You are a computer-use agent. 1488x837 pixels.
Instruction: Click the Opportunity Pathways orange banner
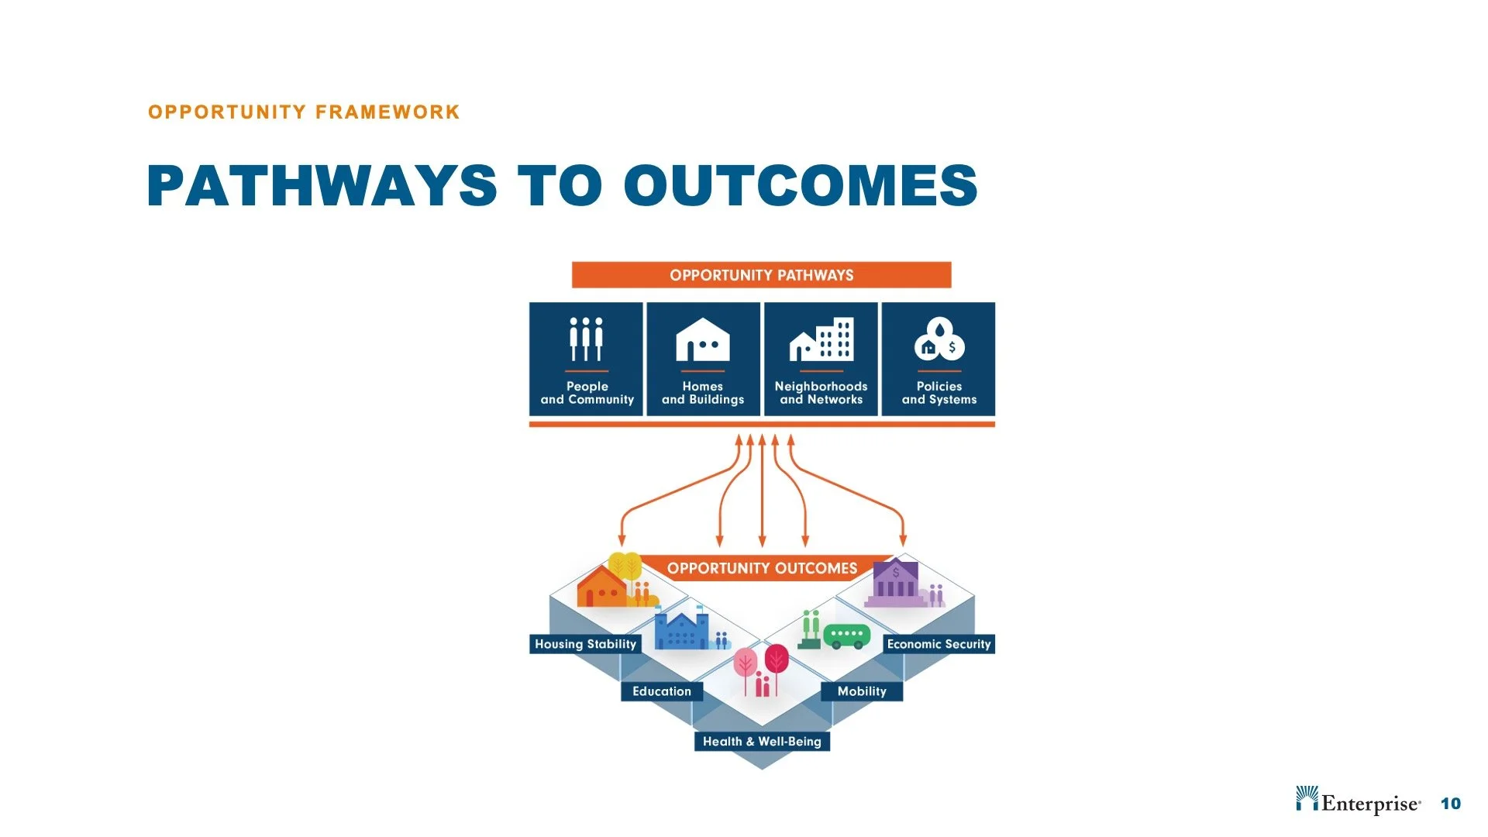[761, 275]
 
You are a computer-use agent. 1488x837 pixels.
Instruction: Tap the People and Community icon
[587, 339]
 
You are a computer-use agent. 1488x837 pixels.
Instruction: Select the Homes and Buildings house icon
[702, 340]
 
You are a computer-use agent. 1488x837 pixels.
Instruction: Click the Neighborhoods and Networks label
[821, 393]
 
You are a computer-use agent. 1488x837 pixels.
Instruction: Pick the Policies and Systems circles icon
[939, 339]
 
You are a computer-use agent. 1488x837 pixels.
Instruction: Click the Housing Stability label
[585, 644]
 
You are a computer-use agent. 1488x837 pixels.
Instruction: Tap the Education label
[661, 691]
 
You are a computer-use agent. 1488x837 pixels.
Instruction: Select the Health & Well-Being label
[761, 742]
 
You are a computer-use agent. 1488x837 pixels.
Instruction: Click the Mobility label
[861, 691]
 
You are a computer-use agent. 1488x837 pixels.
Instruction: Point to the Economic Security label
[939, 644]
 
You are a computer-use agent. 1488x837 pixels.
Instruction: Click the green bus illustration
[846, 635]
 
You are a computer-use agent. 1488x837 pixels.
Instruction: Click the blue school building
[681, 630]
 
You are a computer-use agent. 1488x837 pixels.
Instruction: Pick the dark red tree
[777, 660]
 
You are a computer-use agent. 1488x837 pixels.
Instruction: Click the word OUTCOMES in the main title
[801, 186]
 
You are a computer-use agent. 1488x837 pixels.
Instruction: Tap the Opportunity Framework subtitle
[304, 112]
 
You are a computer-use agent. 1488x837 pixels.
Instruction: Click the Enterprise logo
[1358, 802]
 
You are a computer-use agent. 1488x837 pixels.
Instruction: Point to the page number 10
[1450, 804]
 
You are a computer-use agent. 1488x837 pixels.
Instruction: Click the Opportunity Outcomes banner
[762, 568]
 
